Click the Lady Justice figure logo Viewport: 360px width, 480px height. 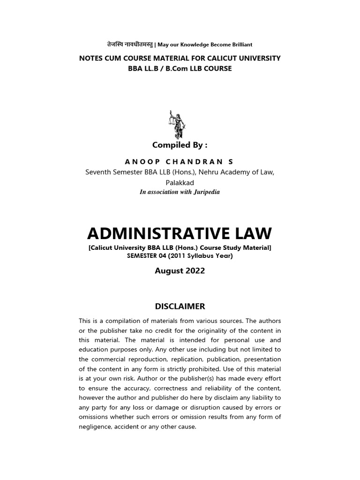[x=177, y=124]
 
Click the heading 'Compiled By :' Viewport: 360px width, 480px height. [x=180, y=145]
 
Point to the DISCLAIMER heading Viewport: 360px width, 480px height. [x=180, y=306]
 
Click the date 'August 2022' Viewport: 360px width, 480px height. [x=180, y=271]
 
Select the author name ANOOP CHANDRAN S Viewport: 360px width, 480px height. [x=180, y=162]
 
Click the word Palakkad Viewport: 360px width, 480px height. [x=180, y=182]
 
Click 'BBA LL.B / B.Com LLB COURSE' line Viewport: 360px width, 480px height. [x=180, y=68]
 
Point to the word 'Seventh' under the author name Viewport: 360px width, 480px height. [x=99, y=172]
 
